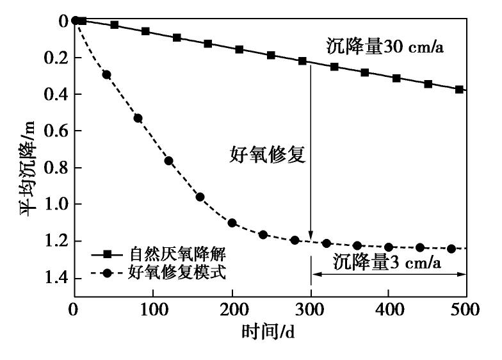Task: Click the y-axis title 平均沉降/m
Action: pos(32,160)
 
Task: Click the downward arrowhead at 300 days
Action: pos(311,236)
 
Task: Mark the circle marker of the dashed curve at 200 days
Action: pos(232,223)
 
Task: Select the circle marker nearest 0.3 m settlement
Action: pos(106,74)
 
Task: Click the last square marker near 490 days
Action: pos(459,89)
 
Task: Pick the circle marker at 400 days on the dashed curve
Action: pos(389,247)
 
